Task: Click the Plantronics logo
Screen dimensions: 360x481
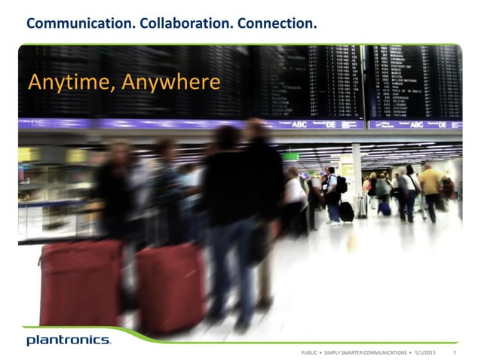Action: tap(69, 340)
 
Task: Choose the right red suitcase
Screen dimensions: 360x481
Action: tap(169, 287)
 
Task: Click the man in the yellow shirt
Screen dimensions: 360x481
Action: tap(431, 185)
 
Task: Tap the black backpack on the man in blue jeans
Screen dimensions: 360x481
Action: tap(341, 185)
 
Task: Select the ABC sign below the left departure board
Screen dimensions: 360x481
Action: tap(299, 124)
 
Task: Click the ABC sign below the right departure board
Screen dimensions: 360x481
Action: tap(416, 124)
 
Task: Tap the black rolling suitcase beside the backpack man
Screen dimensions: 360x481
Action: tap(346, 212)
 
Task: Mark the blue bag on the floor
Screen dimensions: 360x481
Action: tap(384, 208)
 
